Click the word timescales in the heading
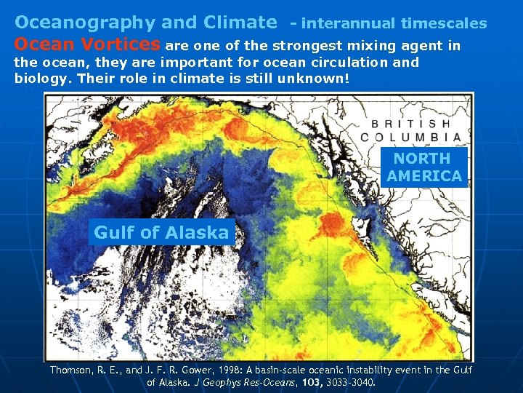point(444,23)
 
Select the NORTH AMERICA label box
point(424,167)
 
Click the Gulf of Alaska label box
point(161,233)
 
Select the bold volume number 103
point(312,381)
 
